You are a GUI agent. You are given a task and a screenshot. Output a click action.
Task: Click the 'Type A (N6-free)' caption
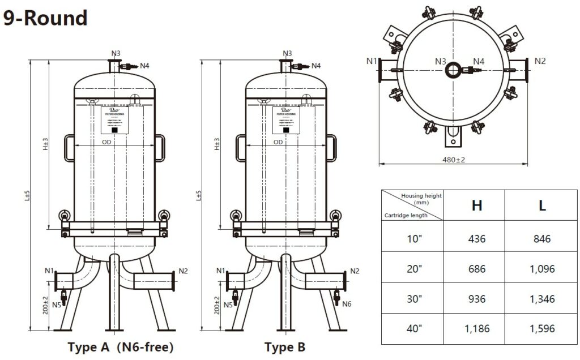pos(120,347)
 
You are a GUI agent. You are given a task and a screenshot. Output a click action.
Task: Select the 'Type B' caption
pos(284,347)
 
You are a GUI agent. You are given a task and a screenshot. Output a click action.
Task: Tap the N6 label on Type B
pos(347,305)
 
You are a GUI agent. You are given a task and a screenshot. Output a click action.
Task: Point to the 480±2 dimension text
pos(453,160)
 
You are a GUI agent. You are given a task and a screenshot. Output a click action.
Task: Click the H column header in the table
pos(477,205)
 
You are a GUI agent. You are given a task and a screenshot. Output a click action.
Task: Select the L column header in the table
pos(542,205)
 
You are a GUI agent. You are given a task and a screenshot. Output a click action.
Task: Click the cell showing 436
pos(477,239)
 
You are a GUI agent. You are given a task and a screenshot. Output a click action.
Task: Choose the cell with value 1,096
pos(542,269)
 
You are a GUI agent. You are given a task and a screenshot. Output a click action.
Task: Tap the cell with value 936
pos(477,299)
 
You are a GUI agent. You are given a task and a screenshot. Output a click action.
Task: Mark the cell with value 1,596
pos(542,328)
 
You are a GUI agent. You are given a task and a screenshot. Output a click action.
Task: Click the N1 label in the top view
pos(372,61)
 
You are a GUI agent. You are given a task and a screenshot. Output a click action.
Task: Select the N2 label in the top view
pos(540,61)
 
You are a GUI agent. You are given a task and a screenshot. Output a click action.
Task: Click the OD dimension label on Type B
pos(278,142)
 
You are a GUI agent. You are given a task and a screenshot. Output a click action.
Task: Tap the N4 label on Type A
pos(145,66)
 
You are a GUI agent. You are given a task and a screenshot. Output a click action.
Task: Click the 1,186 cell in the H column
pos(477,328)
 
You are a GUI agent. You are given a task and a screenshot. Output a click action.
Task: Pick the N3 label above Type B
pos(287,54)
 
